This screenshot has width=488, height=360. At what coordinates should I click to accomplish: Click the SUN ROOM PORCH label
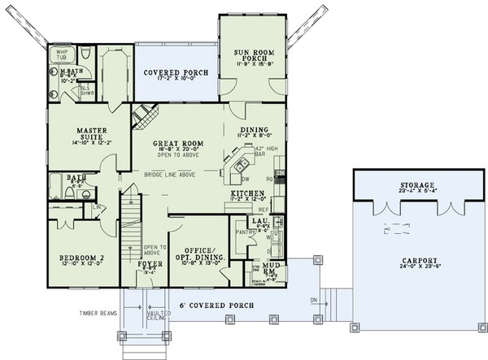click(254, 55)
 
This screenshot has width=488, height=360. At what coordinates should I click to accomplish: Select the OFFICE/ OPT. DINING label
click(198, 254)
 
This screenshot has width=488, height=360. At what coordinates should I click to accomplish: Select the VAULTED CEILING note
click(159, 314)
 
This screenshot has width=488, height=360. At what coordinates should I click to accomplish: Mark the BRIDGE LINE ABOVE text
click(172, 172)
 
